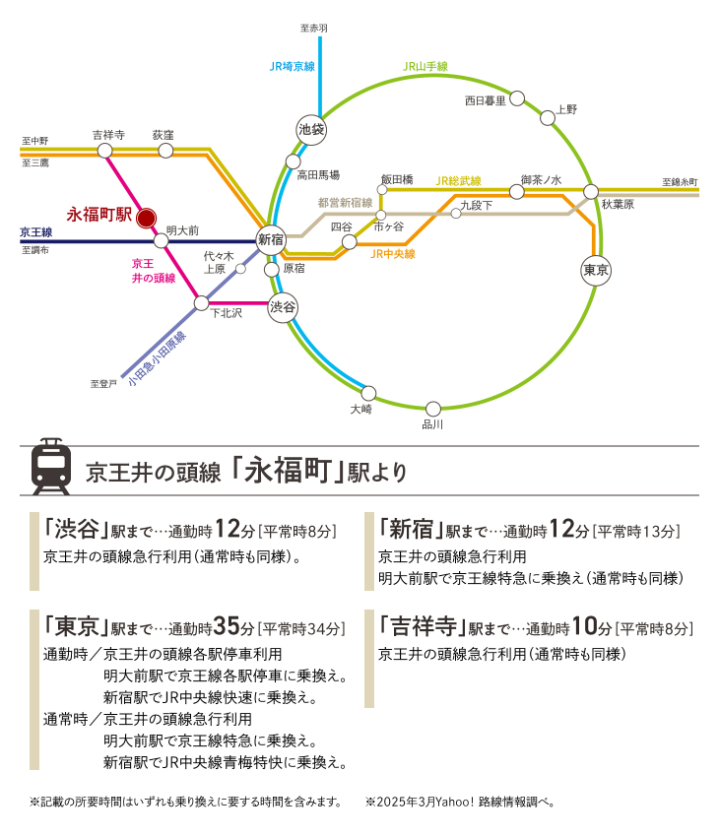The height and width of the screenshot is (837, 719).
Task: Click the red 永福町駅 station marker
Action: pyautogui.click(x=146, y=218)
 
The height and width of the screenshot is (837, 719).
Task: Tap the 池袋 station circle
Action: pyautogui.click(x=311, y=130)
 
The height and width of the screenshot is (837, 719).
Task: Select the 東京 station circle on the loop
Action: pyautogui.click(x=596, y=270)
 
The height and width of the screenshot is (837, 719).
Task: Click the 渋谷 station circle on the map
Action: pyautogui.click(x=283, y=307)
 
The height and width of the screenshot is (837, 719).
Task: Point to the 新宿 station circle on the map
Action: pyautogui.click(x=271, y=239)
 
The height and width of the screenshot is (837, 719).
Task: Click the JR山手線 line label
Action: pyautogui.click(x=425, y=66)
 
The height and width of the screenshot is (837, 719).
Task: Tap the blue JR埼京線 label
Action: pyautogui.click(x=292, y=66)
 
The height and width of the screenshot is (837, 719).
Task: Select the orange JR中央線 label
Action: pyautogui.click(x=393, y=254)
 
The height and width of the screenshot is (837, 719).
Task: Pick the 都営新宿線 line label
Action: pyautogui.click(x=345, y=202)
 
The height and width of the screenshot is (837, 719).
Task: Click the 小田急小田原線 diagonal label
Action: pyautogui.click(x=157, y=358)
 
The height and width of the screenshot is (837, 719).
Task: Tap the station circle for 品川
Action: pyautogui.click(x=433, y=409)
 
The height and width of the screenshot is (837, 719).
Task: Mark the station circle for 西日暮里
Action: pyautogui.click(x=517, y=98)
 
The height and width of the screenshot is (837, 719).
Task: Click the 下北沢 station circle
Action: pyautogui.click(x=201, y=303)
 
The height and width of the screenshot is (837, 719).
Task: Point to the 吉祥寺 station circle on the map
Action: pyautogui.click(x=105, y=151)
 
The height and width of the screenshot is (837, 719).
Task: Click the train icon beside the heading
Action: pyautogui.click(x=51, y=467)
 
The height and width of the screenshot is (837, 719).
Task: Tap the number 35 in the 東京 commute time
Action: pyautogui.click(x=227, y=626)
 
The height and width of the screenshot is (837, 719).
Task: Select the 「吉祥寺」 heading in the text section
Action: pyautogui.click(x=423, y=625)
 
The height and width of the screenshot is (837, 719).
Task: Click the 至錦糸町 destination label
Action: pyautogui.click(x=680, y=182)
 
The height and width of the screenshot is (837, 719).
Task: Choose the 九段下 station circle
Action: pyautogui.click(x=456, y=214)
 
